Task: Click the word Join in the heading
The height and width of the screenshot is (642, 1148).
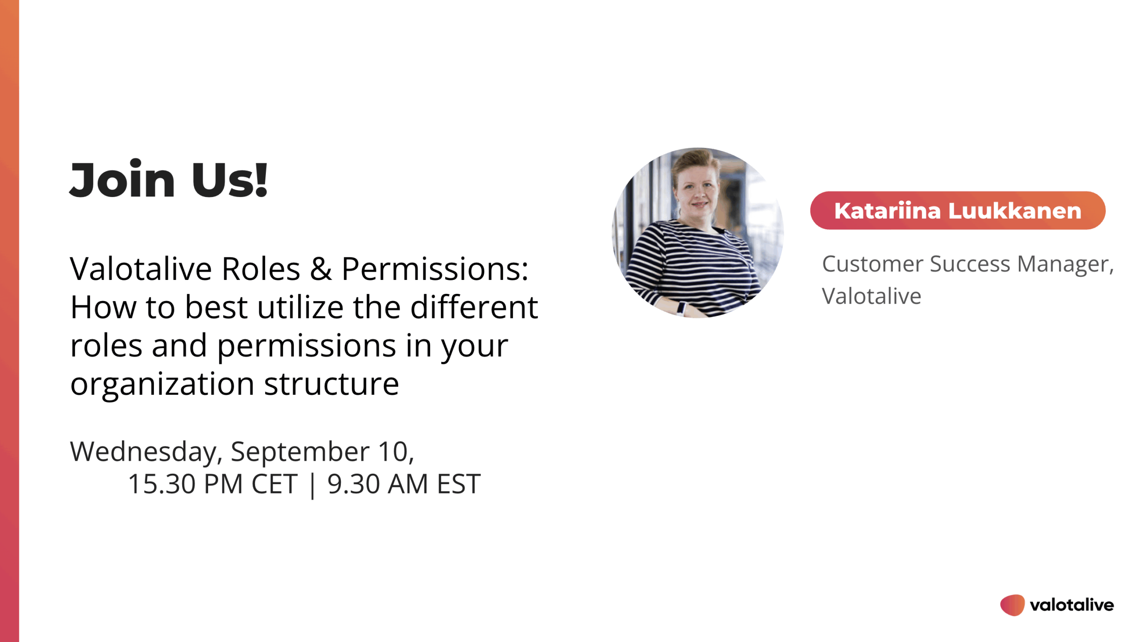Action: (x=122, y=179)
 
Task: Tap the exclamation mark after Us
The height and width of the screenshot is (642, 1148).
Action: (x=261, y=179)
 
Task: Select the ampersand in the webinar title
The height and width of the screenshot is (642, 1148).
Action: (x=321, y=269)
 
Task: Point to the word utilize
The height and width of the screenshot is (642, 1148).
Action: (x=300, y=307)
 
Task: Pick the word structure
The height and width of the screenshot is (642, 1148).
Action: (x=331, y=384)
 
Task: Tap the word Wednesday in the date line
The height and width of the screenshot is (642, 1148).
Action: (x=143, y=452)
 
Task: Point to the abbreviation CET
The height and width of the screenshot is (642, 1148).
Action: (x=274, y=484)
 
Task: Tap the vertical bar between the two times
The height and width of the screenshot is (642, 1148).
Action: (x=313, y=485)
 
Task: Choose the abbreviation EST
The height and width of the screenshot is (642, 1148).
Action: (x=459, y=484)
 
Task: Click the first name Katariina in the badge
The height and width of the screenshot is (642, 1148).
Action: (x=887, y=211)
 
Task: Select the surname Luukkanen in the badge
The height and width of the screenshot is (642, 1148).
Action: (x=1015, y=211)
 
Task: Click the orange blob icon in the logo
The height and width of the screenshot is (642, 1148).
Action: (x=1012, y=605)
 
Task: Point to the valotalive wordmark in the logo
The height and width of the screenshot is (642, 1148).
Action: (x=1072, y=605)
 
